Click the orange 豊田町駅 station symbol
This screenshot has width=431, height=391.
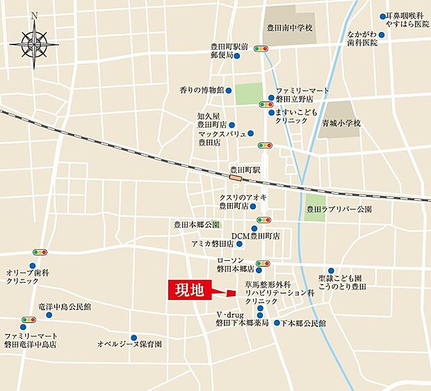(x=238, y=178)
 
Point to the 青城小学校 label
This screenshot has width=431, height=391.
(x=341, y=122)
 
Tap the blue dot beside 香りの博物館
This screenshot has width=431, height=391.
(x=230, y=90)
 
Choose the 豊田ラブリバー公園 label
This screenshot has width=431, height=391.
(x=339, y=209)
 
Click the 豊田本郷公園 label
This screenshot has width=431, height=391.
(x=197, y=225)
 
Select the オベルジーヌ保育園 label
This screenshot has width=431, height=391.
(x=129, y=344)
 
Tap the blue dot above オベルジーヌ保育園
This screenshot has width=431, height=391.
(x=124, y=333)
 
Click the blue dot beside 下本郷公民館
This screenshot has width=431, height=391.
(x=277, y=323)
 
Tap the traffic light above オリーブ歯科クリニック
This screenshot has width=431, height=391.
(x=39, y=253)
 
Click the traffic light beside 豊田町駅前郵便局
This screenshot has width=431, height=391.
(x=261, y=49)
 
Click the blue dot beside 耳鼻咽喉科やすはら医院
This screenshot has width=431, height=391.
(x=382, y=15)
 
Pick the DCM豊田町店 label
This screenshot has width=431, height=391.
(x=255, y=236)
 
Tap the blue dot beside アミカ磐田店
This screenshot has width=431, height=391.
(x=240, y=244)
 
